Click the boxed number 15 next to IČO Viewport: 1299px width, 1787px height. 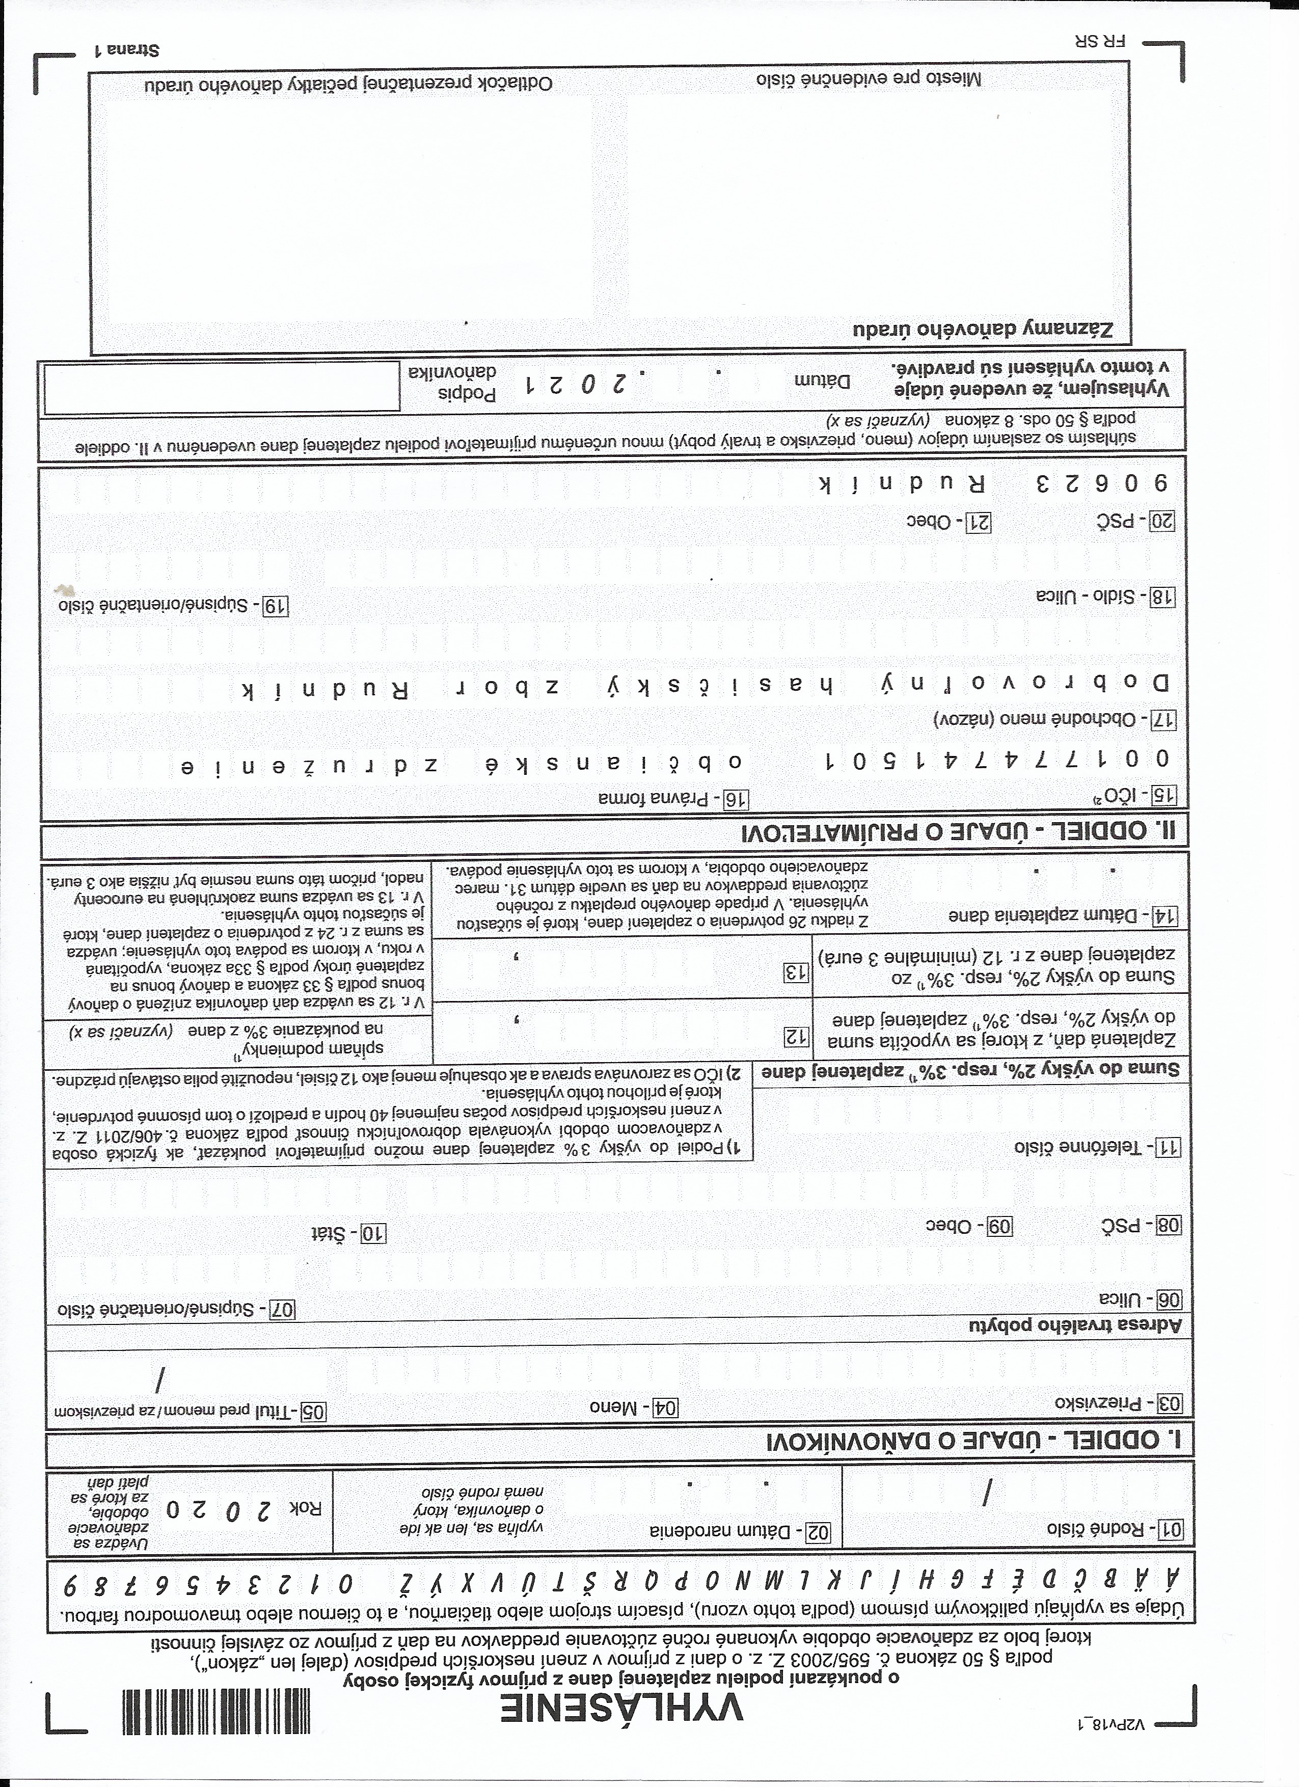(x=1162, y=795)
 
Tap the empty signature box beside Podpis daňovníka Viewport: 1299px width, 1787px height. (x=222, y=388)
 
